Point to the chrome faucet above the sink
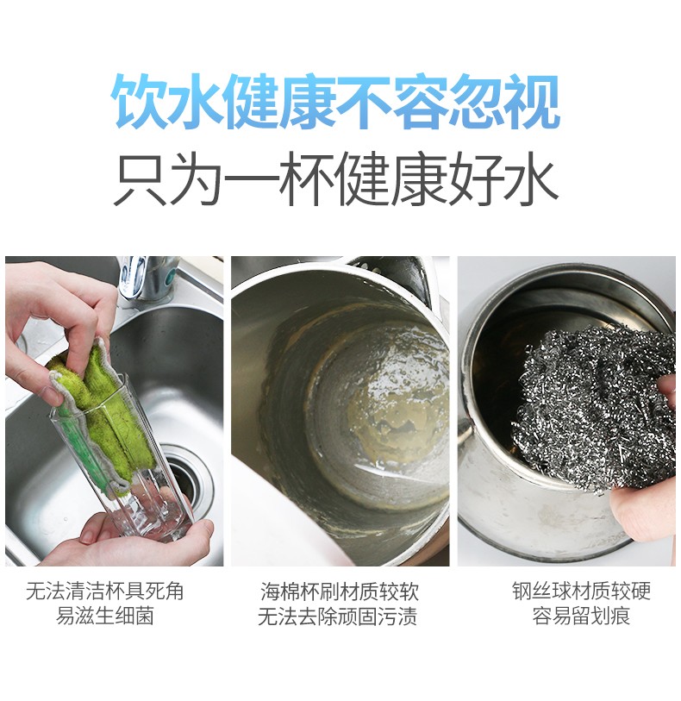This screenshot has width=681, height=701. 143,279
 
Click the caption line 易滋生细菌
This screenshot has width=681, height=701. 104,615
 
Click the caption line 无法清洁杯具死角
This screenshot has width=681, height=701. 104,591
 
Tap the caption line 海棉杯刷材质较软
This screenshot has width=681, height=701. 340,591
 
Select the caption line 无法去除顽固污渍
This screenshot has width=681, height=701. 337,616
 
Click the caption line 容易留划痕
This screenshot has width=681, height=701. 581,615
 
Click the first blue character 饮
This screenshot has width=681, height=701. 139,102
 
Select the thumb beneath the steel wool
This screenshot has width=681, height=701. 639,514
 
